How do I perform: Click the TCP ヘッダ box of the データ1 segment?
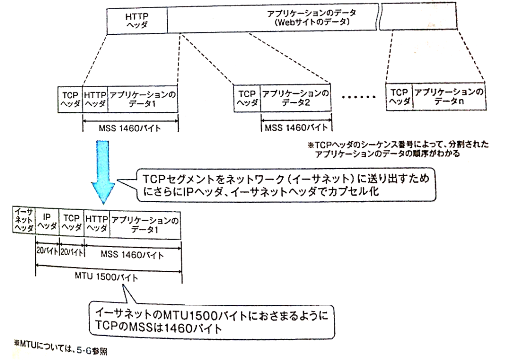click(x=70, y=98)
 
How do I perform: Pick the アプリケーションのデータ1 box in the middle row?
click(x=143, y=98)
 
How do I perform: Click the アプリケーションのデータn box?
click(x=448, y=96)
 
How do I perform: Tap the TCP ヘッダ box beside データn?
click(x=399, y=96)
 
